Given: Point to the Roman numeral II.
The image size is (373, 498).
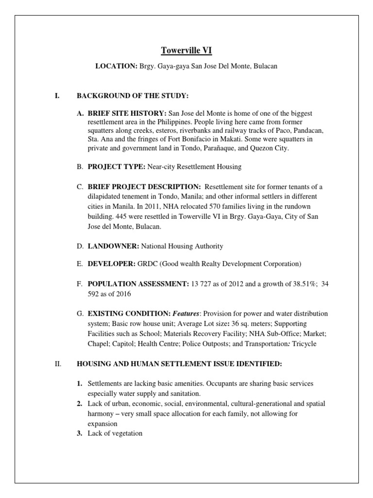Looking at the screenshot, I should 57,364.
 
